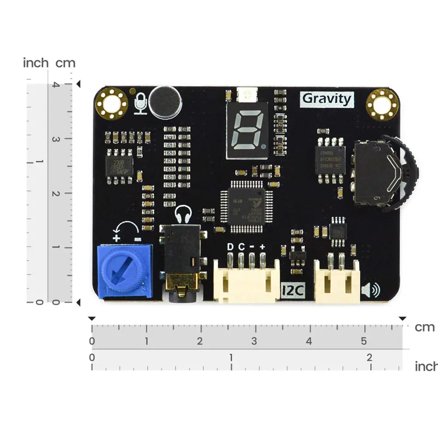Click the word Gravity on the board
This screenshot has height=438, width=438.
click(327, 99)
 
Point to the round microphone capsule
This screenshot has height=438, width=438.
click(165, 101)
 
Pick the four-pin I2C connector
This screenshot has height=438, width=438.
click(246, 280)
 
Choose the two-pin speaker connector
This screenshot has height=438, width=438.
click(337, 280)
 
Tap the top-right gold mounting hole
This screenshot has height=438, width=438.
click(382, 103)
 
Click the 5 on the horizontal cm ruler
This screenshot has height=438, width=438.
click(364, 341)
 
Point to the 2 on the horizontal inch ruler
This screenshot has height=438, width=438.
click(369, 358)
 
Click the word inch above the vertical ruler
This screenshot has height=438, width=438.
click(35, 63)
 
